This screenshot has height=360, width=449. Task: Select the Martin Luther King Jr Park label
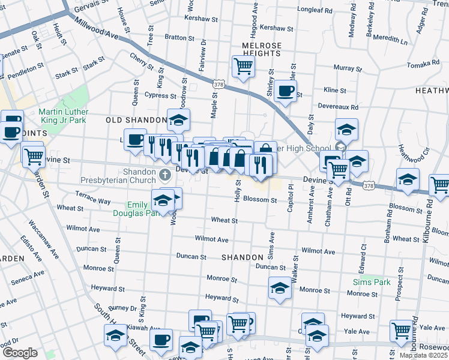click(x=63, y=116)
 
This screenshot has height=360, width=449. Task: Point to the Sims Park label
click(x=372, y=282)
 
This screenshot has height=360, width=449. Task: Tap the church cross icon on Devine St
click(x=166, y=175)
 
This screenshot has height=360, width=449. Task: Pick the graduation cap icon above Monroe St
click(x=280, y=289)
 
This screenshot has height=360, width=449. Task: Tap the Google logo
click(x=19, y=353)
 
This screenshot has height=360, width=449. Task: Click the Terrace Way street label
click(x=93, y=198)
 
